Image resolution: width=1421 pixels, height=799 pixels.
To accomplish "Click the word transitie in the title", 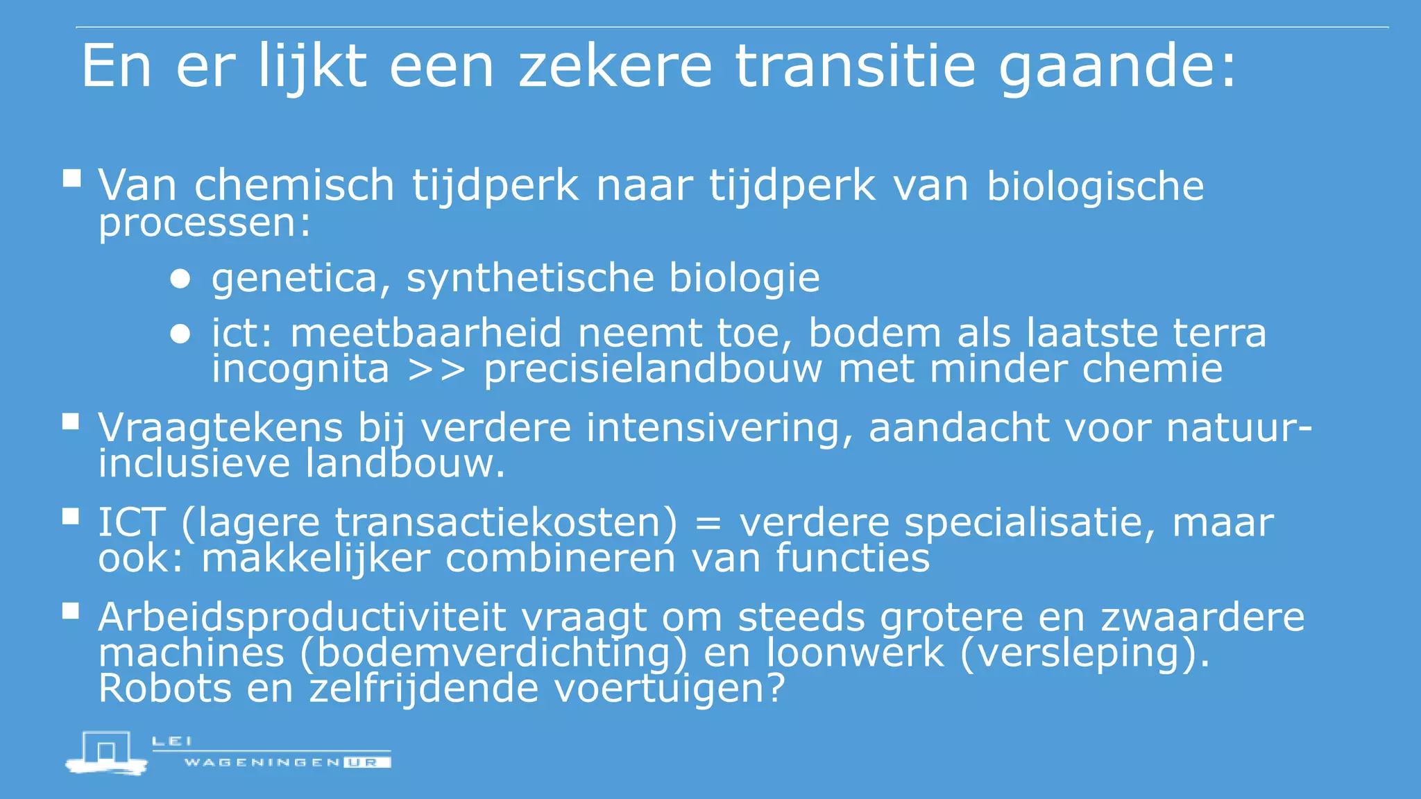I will (x=855, y=66).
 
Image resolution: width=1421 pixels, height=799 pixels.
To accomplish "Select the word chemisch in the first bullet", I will (x=294, y=185).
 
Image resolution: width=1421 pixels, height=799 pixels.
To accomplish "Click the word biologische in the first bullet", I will (x=1095, y=187).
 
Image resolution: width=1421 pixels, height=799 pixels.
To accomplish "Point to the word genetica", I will (x=295, y=279).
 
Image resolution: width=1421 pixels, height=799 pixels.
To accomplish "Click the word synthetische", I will (x=530, y=279).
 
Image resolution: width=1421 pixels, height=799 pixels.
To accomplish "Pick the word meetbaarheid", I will (x=425, y=333).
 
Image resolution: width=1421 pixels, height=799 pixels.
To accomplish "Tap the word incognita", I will (x=300, y=369).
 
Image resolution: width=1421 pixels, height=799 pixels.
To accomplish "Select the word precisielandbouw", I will (x=652, y=369).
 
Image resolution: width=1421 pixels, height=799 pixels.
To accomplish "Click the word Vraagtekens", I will (x=220, y=428).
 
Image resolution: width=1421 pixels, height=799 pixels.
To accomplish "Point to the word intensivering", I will (x=719, y=428).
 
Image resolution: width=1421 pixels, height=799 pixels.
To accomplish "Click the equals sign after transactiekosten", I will (x=708, y=524).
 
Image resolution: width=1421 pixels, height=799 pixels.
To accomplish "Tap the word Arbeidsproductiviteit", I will (x=303, y=617).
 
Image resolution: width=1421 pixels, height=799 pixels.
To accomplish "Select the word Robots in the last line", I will (x=164, y=689).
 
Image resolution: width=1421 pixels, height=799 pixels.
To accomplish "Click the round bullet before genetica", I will (x=180, y=279).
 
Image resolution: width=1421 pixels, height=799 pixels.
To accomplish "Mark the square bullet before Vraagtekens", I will (x=71, y=422).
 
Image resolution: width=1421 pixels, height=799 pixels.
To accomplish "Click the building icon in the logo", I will (x=106, y=752).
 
